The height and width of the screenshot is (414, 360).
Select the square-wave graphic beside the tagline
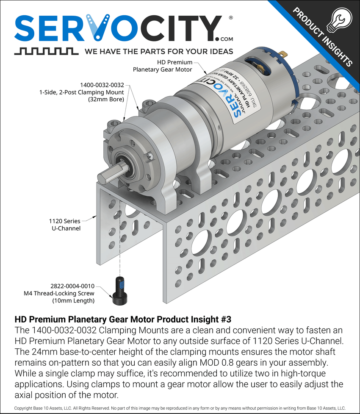46,51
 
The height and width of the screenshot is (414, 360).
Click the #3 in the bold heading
226,319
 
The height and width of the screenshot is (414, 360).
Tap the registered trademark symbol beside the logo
230,18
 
